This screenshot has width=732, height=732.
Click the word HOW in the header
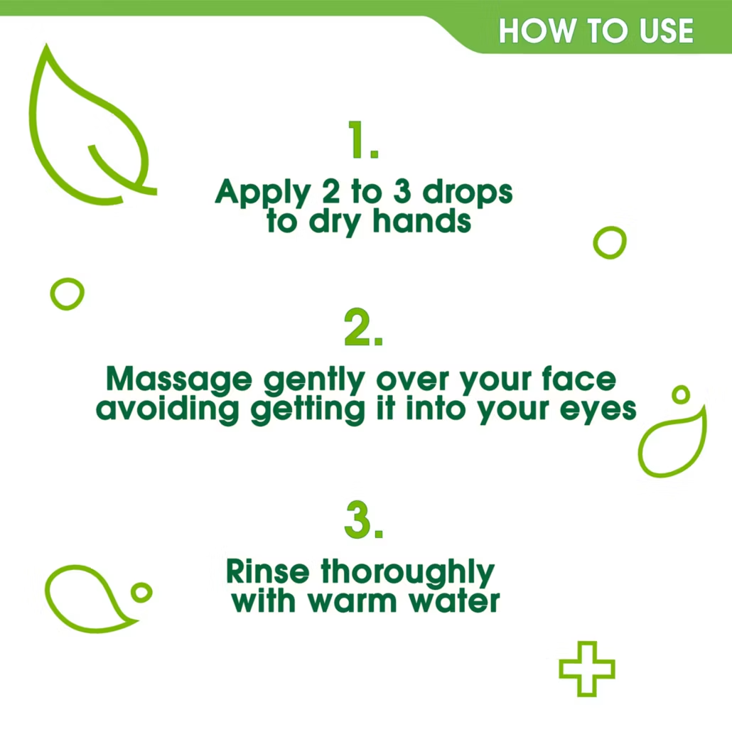pos(537,31)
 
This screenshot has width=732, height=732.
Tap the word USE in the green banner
pos(666,31)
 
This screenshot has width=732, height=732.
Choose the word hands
pos(421,221)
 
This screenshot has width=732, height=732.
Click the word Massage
pos(179,380)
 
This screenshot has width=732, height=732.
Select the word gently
pos(314,380)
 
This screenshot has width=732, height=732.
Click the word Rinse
pos(267,571)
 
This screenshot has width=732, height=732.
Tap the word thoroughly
pos(407,573)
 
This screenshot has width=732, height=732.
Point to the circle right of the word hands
pos(595,243)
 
